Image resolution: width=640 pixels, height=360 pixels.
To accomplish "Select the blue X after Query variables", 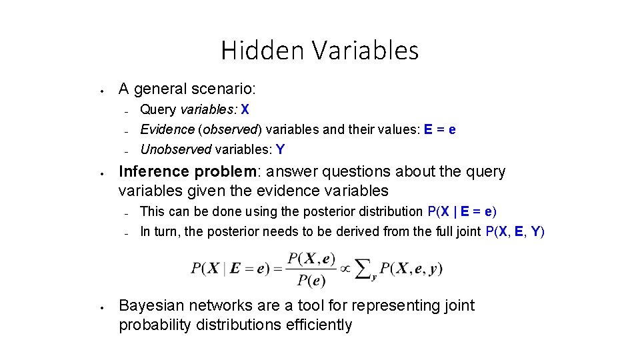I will tap(245, 110).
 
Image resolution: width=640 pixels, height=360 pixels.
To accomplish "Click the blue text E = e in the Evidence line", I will tap(440, 129).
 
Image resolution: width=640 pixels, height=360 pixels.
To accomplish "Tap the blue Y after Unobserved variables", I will tap(281, 149).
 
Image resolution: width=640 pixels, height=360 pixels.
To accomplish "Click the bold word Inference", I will tap(154, 172).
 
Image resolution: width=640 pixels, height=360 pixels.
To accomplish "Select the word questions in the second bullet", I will tap(359, 172).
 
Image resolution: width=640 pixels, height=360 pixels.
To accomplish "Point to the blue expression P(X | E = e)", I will tap(461, 212).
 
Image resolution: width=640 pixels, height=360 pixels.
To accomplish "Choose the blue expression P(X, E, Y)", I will tap(515, 232).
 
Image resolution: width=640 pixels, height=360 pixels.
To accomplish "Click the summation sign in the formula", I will tap(363, 268).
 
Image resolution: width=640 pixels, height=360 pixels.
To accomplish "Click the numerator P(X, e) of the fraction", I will tap(311, 259).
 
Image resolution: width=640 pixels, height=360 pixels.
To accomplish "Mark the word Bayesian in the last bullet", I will tap(151, 306).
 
